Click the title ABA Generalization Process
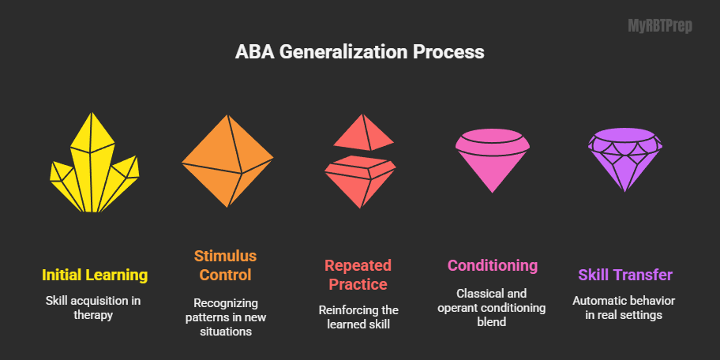pos(360,53)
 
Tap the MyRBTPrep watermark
pos(659,26)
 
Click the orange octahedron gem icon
pos(228,161)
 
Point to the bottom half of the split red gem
pos(361,180)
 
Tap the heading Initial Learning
pos(95,275)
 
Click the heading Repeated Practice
pos(358,274)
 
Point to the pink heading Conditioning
pos(493,265)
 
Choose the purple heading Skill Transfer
pos(625,275)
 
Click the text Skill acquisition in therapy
pos(95,308)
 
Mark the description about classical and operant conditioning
pos(493,308)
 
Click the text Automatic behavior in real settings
pos(625,308)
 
